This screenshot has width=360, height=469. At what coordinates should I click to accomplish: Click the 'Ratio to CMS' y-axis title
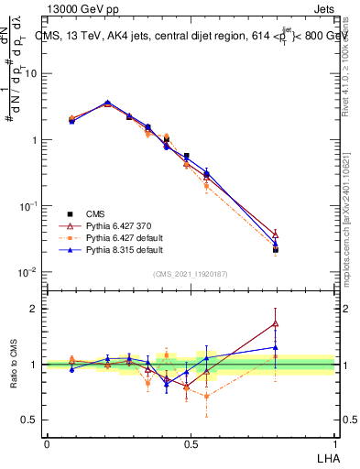pos(14,365)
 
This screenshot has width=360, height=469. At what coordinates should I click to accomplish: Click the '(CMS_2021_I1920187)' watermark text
pos(190,274)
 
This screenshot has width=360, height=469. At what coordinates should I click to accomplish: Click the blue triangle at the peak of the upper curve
pos(107,103)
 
